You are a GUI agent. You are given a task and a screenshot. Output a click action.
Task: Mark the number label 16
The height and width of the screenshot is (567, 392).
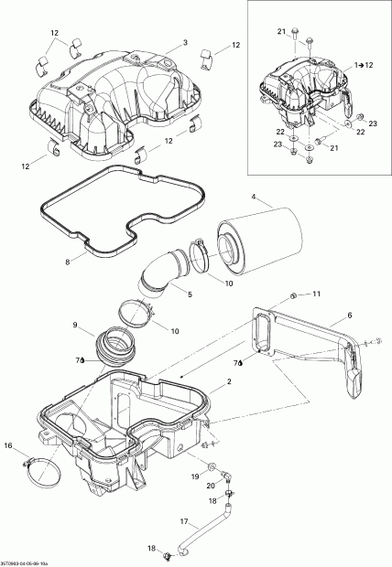[x=9, y=445]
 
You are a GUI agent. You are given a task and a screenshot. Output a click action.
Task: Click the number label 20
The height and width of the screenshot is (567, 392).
[x=210, y=486]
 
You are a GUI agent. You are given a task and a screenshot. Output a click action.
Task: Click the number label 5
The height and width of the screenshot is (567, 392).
[x=189, y=295]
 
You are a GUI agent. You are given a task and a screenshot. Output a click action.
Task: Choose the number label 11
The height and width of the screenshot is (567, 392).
[x=316, y=294]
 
